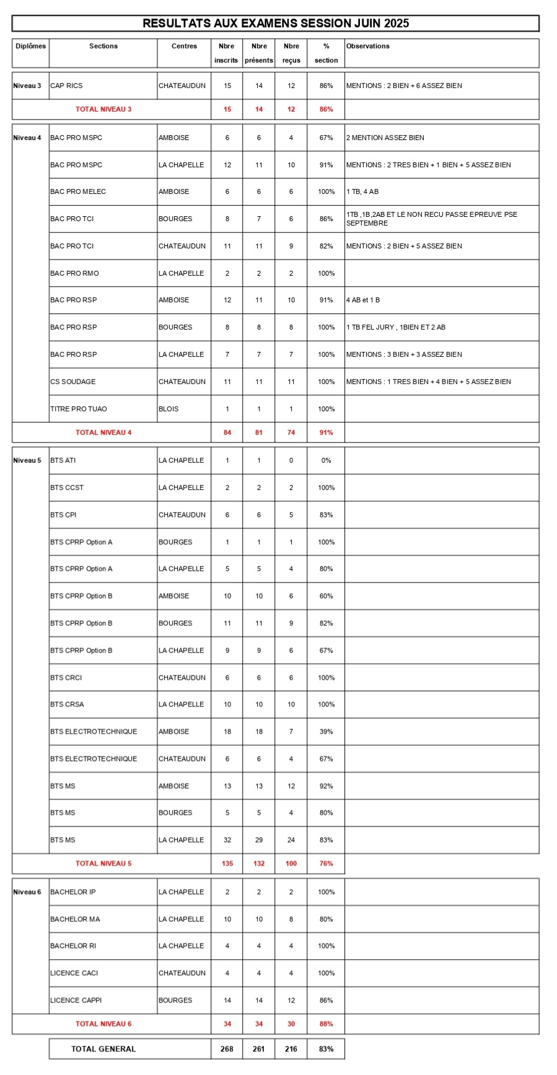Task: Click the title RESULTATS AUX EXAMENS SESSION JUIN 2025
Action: [276, 24]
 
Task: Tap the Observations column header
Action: [368, 46]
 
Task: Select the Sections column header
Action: [103, 46]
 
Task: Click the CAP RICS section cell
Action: [66, 86]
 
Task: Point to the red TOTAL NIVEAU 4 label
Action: [103, 432]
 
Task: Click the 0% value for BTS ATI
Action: [326, 460]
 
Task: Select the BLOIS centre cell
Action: [169, 409]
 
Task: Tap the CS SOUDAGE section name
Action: [73, 382]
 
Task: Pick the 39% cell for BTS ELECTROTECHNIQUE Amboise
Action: [326, 732]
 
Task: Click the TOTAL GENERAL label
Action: [103, 1049]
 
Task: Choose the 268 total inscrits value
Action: [227, 1049]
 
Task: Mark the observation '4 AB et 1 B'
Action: [363, 301]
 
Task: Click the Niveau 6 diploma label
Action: [27, 892]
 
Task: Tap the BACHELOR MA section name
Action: [75, 919]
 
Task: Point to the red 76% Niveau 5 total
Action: [326, 864]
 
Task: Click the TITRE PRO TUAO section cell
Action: [79, 409]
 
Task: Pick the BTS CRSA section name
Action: [67, 704]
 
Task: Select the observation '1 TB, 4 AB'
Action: [362, 192]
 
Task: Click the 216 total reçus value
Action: [291, 1049]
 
